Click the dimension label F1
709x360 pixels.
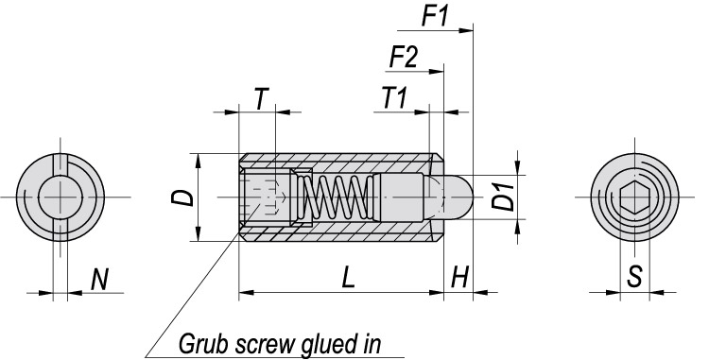click(435, 16)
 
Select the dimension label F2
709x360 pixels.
click(404, 57)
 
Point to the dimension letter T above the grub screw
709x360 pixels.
click(261, 98)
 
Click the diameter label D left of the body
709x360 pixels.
click(184, 197)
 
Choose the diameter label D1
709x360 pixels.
click(503, 197)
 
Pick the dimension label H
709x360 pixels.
click(459, 277)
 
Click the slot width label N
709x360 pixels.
click(99, 279)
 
